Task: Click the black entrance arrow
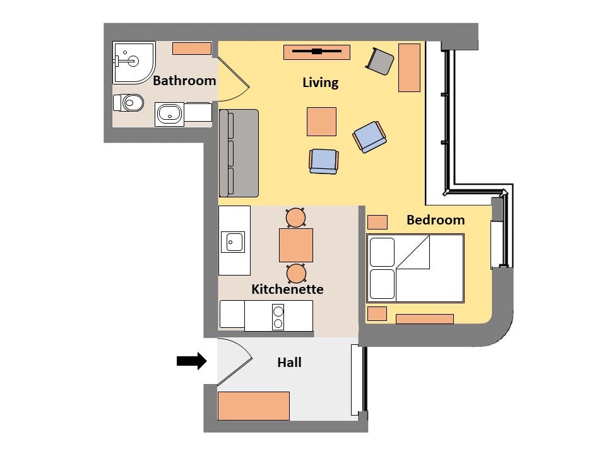(x=192, y=361)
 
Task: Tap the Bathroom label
(x=184, y=81)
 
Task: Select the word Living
(x=321, y=83)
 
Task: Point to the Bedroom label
(x=436, y=220)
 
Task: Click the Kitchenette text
(x=287, y=289)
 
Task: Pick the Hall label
(x=289, y=363)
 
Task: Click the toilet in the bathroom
(x=128, y=103)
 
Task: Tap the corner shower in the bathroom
(x=134, y=62)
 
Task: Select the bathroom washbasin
(x=169, y=114)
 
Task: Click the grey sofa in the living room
(x=239, y=153)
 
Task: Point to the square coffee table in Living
(x=321, y=122)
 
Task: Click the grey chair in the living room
(x=379, y=61)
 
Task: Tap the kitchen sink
(x=233, y=242)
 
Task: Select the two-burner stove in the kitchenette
(x=278, y=317)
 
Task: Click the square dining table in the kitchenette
(x=296, y=245)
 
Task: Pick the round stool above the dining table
(x=296, y=218)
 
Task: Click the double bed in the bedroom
(x=415, y=269)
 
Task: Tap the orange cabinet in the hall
(x=254, y=405)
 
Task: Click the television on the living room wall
(x=317, y=51)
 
